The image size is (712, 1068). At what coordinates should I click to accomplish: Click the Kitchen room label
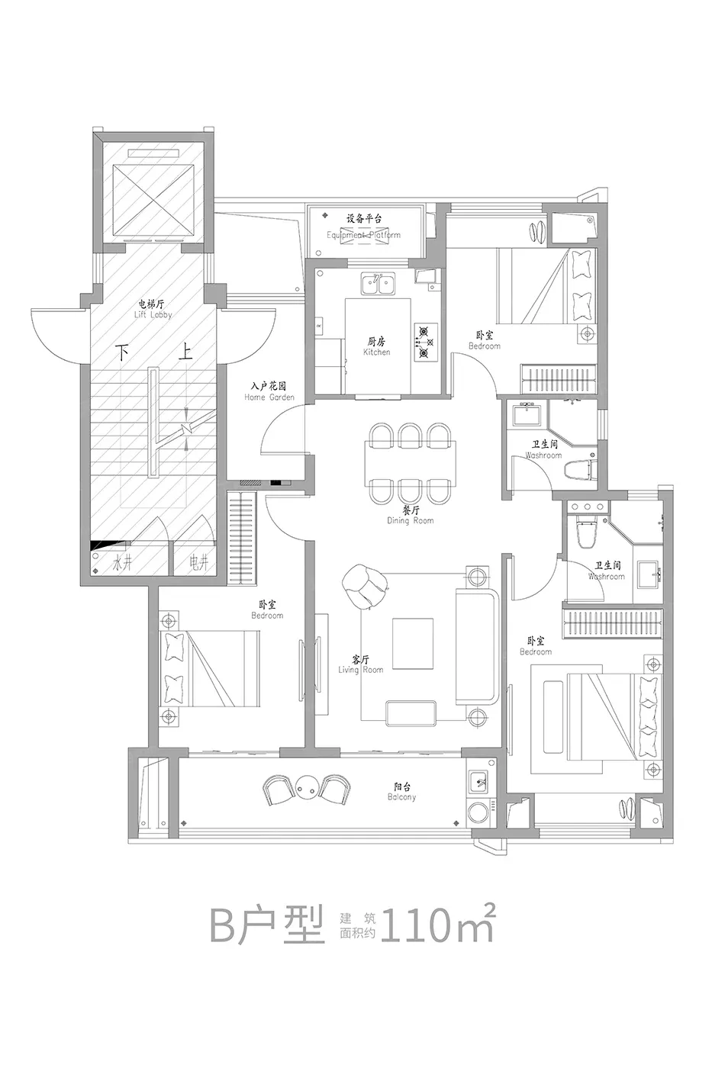tap(377, 347)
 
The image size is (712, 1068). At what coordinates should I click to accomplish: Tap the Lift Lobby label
tap(153, 309)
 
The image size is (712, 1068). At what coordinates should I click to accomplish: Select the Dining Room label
tap(411, 515)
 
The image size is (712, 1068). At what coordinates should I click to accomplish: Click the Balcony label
tap(401, 792)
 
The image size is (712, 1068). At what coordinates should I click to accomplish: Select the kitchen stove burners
tap(426, 341)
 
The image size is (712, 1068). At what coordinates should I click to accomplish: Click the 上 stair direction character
tap(184, 352)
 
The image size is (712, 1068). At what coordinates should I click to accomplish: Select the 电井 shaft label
tap(198, 564)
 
